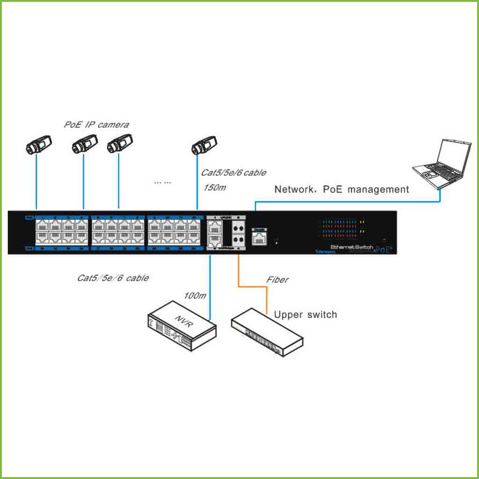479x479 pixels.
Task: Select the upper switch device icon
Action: point(267,331)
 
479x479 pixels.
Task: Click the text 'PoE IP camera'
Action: point(96,125)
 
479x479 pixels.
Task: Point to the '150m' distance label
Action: point(215,188)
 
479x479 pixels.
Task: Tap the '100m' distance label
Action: point(193,295)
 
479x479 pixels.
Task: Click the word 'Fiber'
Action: point(277,280)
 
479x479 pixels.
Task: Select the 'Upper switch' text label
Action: point(305,314)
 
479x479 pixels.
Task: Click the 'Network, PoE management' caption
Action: point(341,189)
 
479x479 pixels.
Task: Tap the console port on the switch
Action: point(259,237)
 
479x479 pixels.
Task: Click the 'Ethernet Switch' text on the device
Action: point(352,247)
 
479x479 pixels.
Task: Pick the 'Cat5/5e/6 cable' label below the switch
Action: point(113,278)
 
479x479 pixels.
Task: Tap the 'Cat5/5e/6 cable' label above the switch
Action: point(233,173)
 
